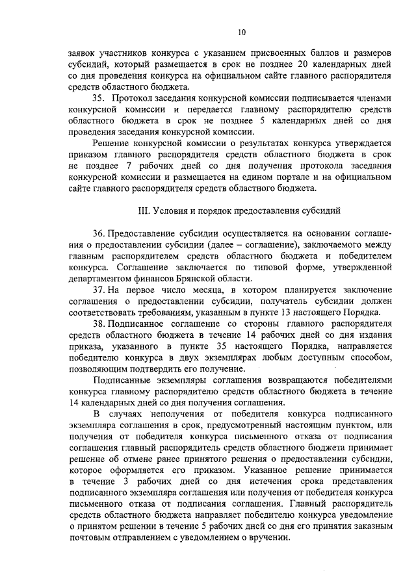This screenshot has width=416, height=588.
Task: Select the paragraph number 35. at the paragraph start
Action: click(x=99, y=97)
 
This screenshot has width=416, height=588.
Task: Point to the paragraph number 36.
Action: click(x=99, y=233)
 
